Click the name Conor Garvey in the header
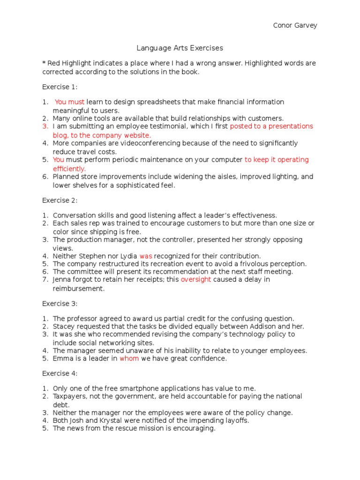(295, 25)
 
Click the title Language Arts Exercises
(180, 48)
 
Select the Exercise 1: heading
(60, 87)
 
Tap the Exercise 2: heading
(60, 200)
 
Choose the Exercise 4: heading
(60, 374)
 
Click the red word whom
(129, 359)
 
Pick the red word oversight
(196, 279)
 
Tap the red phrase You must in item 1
(70, 102)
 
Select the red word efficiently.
(69, 168)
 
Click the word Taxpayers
(69, 396)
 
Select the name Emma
(63, 359)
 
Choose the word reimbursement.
(78, 289)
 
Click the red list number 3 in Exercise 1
(45, 126)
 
